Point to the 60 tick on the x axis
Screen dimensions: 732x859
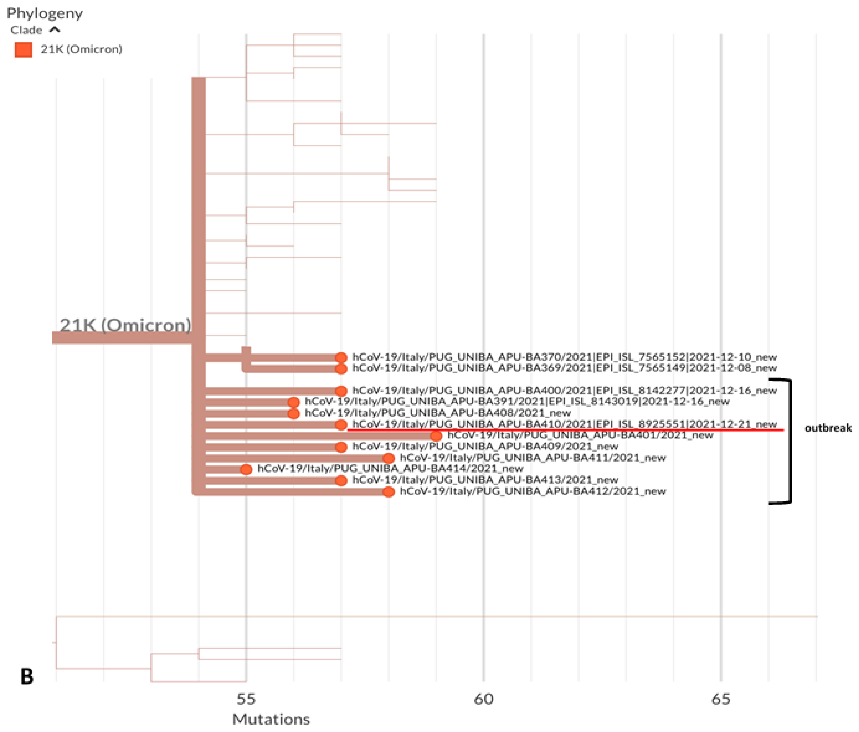(483, 699)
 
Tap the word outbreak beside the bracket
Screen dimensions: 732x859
(828, 428)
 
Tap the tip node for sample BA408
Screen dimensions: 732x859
(293, 413)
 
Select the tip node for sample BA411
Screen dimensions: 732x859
(388, 458)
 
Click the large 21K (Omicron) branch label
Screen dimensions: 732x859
(125, 325)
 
